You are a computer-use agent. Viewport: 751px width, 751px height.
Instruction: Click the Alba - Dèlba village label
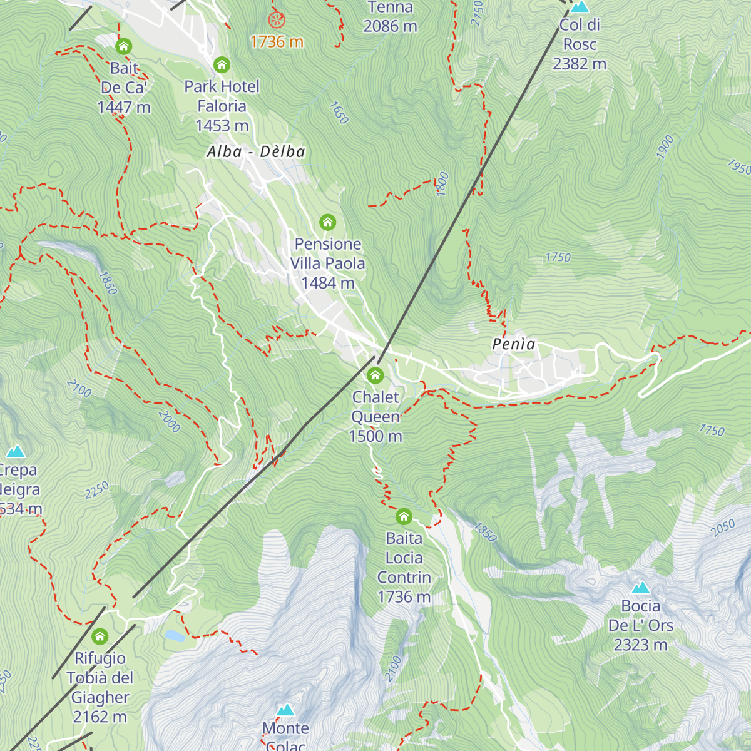256,152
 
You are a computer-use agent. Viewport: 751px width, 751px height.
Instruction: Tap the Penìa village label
514,344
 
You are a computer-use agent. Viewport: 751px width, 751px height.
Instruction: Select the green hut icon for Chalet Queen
375,375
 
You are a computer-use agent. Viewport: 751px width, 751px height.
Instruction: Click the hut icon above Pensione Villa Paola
327,222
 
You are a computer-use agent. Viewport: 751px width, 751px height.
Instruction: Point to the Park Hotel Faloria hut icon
222,64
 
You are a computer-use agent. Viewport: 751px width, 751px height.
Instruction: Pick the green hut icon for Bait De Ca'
124,46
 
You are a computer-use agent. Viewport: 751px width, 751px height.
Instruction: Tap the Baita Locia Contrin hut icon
404,517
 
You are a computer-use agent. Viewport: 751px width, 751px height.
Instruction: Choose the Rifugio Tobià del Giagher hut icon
100,637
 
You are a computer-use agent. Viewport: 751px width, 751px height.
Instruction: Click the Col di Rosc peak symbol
580,7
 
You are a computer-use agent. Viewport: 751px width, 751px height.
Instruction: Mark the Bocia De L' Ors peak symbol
640,587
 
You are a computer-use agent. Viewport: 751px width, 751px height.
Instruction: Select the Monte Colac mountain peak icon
285,710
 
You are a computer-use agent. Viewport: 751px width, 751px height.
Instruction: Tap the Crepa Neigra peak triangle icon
16,451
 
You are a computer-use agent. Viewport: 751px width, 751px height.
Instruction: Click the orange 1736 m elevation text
277,42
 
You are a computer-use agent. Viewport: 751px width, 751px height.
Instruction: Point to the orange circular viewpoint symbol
276,19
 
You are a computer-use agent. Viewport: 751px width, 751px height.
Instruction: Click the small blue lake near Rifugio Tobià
174,636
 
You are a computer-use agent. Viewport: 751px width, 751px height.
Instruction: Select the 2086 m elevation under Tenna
390,26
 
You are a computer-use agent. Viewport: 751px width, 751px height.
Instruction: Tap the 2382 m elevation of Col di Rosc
580,64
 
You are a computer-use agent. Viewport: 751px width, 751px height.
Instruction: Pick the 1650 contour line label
338,113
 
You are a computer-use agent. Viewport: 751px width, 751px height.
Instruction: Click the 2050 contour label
723,528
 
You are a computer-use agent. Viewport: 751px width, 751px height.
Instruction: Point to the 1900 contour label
665,146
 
